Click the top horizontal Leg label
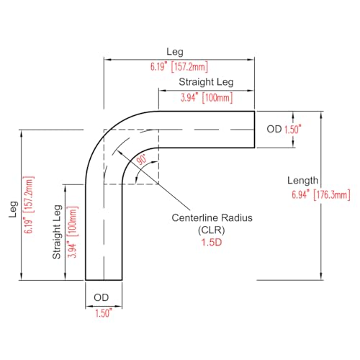click(175, 52)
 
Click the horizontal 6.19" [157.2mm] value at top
click(179, 67)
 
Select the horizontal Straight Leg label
click(206, 82)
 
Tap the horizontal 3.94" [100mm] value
click(207, 98)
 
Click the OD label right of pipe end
click(274, 129)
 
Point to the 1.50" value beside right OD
click(293, 130)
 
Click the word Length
click(303, 181)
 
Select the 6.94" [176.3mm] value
click(321, 194)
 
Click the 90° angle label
click(142, 160)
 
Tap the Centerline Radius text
click(212, 217)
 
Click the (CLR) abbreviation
click(212, 230)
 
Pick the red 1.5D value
click(212, 243)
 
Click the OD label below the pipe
click(102, 297)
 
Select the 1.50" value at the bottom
click(104, 313)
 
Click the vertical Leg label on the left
click(14, 210)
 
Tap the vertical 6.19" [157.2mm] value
click(29, 204)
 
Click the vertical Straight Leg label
click(57, 232)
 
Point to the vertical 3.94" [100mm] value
click(73, 232)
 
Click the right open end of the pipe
click(254, 130)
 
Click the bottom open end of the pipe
click(104, 280)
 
